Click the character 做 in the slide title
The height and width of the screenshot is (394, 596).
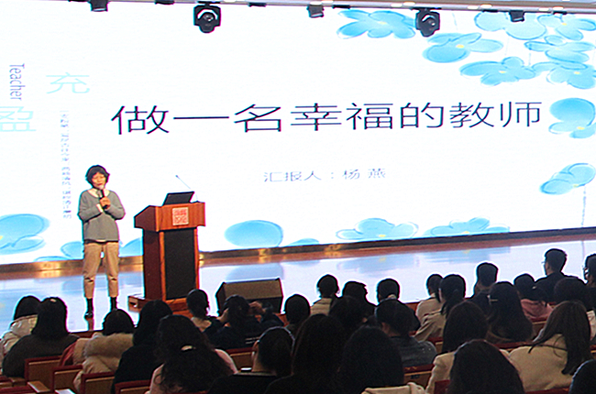click(x=132, y=119)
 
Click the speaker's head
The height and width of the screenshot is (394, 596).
click(x=95, y=175)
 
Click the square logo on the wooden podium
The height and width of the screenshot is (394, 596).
click(x=180, y=216)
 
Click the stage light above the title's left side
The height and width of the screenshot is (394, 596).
click(x=208, y=16)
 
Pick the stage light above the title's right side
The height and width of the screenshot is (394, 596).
click(x=426, y=21)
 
